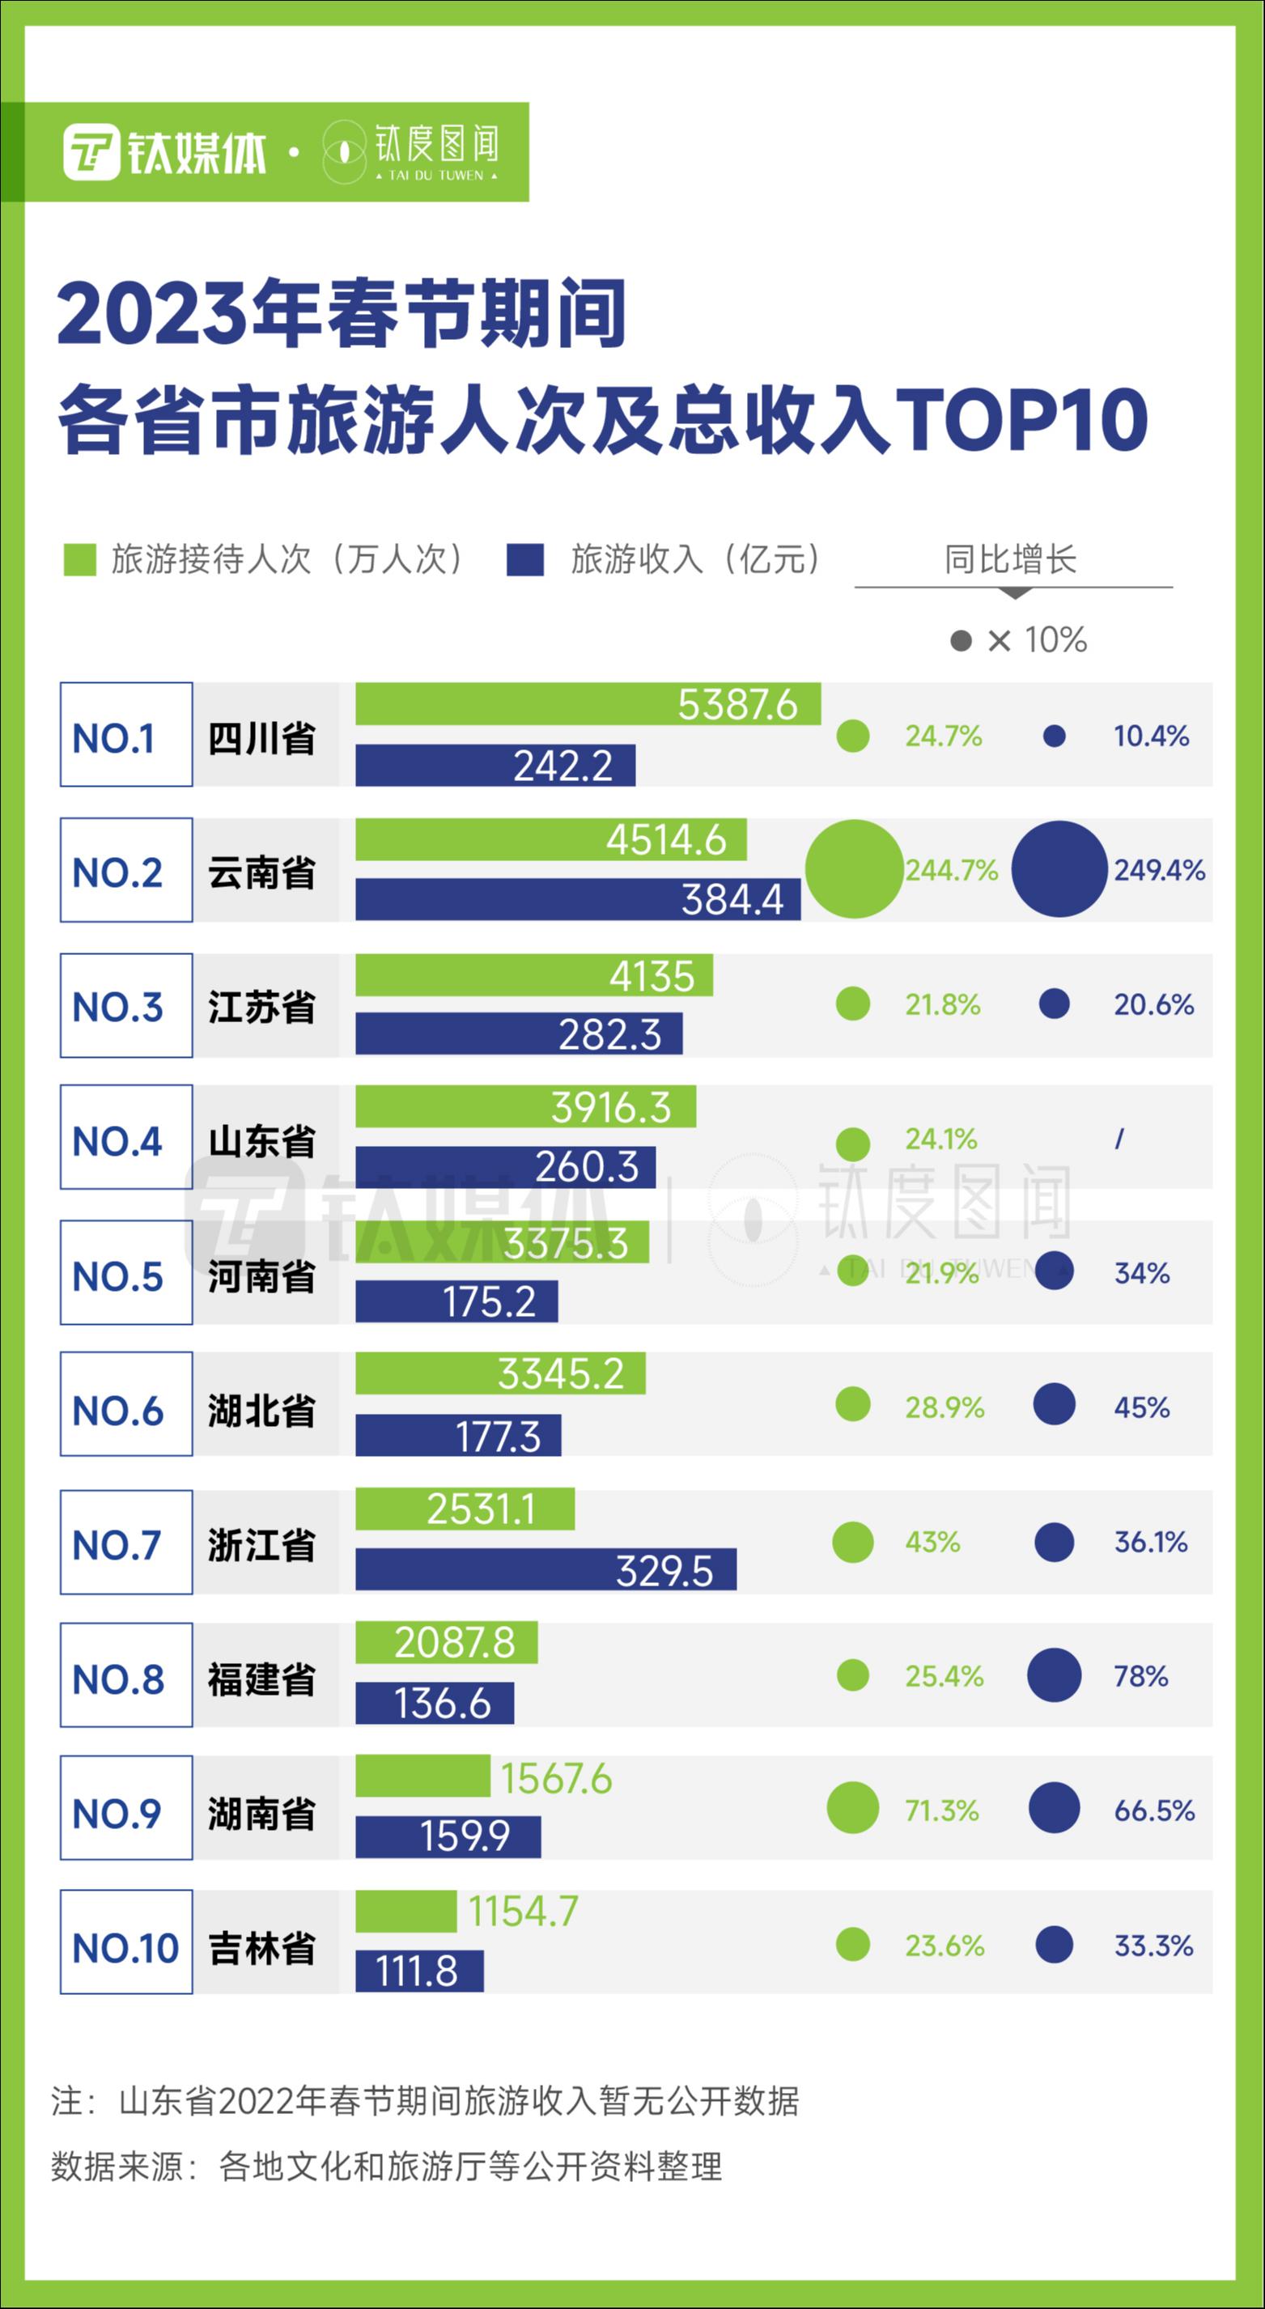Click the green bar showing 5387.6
pyautogui.click(x=588, y=703)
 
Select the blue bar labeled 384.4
pyautogui.click(x=577, y=899)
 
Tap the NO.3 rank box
pyautogui.click(x=126, y=1006)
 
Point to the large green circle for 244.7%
pyautogui.click(x=854, y=869)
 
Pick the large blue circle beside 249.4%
pyautogui.click(x=1059, y=869)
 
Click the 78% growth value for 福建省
pyautogui.click(x=1140, y=1676)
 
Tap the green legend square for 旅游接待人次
pyautogui.click(x=80, y=559)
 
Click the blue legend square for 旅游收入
pyautogui.click(x=524, y=559)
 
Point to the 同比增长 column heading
pyautogui.click(x=1010, y=559)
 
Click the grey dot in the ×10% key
pyautogui.click(x=960, y=640)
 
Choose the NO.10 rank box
pyautogui.click(x=126, y=1947)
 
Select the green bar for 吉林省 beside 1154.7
pyautogui.click(x=405, y=1912)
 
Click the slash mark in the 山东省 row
pyautogui.click(x=1119, y=1140)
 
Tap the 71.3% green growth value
pyautogui.click(x=941, y=1810)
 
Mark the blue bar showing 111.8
pyautogui.click(x=418, y=1971)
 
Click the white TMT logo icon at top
pyautogui.click(x=91, y=152)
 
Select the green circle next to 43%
pyautogui.click(x=852, y=1543)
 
